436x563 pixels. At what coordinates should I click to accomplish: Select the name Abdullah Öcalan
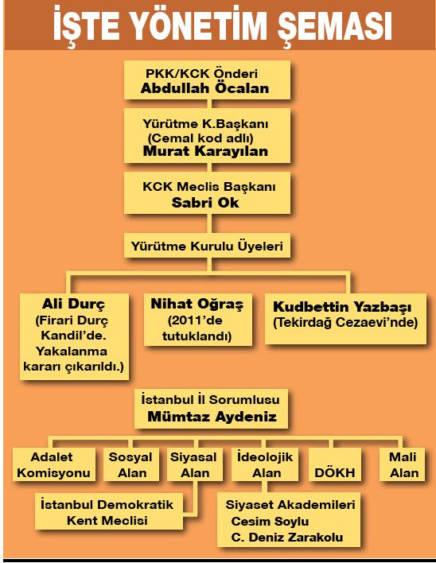tap(205, 88)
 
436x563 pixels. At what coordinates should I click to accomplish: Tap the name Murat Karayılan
tap(205, 151)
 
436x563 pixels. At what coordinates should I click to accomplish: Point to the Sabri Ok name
tap(205, 203)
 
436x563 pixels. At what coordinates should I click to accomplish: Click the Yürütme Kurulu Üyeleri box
tap(207, 246)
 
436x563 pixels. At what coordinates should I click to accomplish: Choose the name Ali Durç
tap(74, 304)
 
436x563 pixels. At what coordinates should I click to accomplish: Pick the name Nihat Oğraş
tap(197, 304)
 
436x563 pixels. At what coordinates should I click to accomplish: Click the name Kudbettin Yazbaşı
tap(342, 308)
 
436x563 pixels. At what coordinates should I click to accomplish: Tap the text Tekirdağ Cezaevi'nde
tap(345, 322)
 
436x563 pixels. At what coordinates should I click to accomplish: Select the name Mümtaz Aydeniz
tap(212, 417)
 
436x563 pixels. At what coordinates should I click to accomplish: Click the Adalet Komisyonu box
tap(54, 464)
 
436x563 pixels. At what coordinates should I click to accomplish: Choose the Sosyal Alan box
tap(131, 464)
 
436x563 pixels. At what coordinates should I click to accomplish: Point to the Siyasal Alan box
tap(194, 464)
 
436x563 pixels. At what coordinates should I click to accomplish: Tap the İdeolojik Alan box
tap(265, 464)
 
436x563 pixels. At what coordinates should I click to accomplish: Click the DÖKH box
tap(335, 464)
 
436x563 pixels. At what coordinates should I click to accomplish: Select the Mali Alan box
tap(403, 464)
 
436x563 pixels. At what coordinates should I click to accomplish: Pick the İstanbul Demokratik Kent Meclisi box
tap(108, 512)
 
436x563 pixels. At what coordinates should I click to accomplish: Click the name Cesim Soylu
tap(270, 522)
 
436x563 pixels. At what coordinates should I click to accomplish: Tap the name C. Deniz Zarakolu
tap(287, 538)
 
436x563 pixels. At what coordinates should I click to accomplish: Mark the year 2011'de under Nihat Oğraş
tap(195, 320)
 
